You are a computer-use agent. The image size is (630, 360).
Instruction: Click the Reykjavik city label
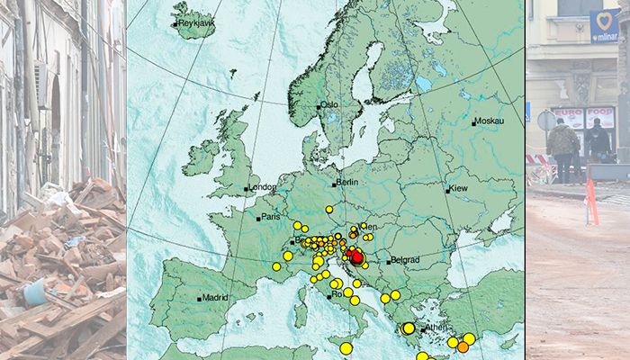[x=198, y=22]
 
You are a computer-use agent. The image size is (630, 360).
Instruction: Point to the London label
[x=264, y=187]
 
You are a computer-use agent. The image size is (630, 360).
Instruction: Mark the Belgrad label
[x=406, y=259]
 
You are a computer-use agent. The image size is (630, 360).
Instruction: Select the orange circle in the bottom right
[x=463, y=346]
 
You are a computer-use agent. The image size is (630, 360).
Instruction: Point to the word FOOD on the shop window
[x=599, y=113]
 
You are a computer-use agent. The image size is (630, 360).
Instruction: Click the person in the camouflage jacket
[x=563, y=148]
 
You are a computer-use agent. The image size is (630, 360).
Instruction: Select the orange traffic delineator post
[x=591, y=202]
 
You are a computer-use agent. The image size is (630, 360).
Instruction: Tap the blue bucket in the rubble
[x=36, y=292]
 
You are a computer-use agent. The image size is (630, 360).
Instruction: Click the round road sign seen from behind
[x=546, y=121]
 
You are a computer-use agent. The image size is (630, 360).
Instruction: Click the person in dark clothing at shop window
[x=598, y=141]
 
